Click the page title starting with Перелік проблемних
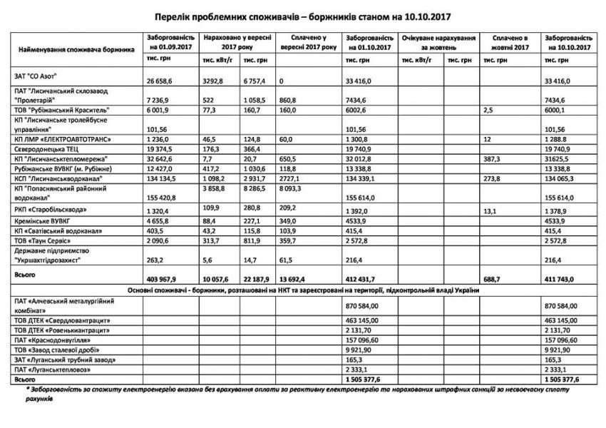pos(303,15)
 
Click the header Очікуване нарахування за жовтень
pos(438,41)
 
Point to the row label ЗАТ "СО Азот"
pos(36,75)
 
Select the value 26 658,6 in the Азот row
pos(160,81)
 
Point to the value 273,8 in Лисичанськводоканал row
pos(493,178)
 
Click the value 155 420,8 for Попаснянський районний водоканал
pos(164,196)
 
